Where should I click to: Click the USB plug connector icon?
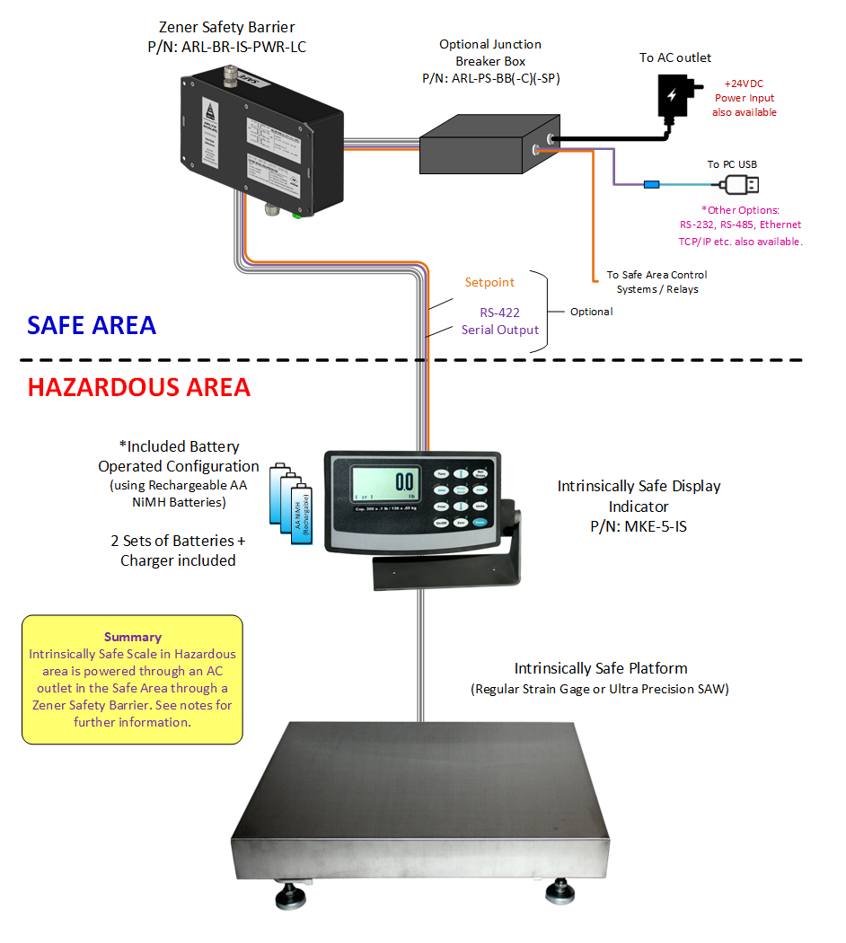tap(738, 184)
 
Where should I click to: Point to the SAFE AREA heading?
tap(92, 325)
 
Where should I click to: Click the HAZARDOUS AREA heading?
tap(139, 387)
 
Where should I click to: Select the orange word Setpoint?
tap(489, 282)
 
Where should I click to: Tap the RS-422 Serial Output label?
tap(500, 321)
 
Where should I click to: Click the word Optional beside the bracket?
tap(592, 312)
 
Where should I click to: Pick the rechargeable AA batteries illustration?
tap(292, 507)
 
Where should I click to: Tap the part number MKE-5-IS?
tap(639, 526)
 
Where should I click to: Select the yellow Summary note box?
tap(132, 679)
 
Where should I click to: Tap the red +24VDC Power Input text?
tap(745, 98)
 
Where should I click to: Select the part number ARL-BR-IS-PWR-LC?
tap(226, 47)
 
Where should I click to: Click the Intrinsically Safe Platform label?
tap(601, 668)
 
